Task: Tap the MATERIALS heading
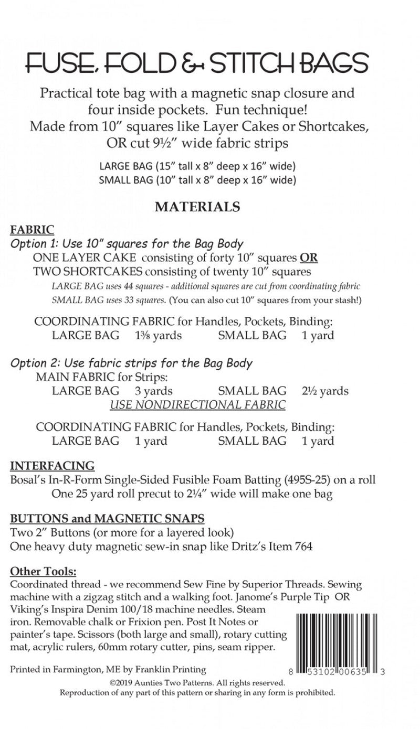[197, 207]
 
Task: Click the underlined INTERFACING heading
[52, 466]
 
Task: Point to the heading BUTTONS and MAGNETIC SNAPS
[108, 519]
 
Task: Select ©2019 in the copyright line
[120, 683]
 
